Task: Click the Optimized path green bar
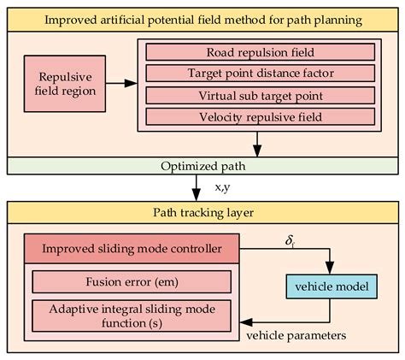202,165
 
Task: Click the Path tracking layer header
202,211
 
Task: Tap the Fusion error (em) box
131,281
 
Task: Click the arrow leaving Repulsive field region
121,84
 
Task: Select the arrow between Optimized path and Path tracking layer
202,186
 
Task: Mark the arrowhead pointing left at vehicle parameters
245,322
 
